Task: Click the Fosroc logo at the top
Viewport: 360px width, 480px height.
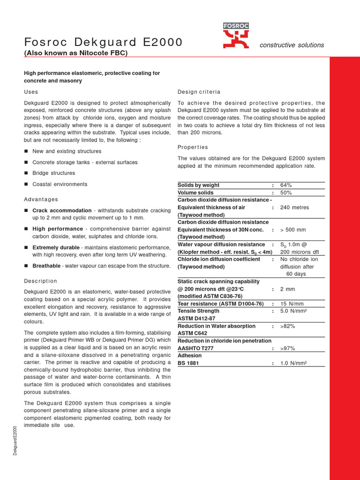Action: coord(235,37)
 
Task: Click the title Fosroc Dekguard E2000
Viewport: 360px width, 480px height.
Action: coord(103,42)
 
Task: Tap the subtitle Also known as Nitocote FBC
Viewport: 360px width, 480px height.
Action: coord(75,53)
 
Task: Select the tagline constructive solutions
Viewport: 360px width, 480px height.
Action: coord(292,45)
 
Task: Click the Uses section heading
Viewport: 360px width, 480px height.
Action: coord(31,91)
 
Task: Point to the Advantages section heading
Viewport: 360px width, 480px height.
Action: coord(41,199)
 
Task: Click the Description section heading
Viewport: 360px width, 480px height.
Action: coord(40,281)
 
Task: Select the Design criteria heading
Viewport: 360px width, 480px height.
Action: coord(199,91)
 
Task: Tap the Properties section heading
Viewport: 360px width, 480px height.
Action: coord(193,147)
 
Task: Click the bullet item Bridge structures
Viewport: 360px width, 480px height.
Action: coord(53,173)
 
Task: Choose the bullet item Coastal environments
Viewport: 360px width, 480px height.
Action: coord(60,184)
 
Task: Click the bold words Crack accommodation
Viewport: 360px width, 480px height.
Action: coord(62,210)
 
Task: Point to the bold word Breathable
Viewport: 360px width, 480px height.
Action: coord(46,266)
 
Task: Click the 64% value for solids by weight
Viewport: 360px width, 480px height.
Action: coord(286,185)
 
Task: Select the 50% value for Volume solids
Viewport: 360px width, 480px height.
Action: coord(286,193)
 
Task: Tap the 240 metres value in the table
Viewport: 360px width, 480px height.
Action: coord(294,207)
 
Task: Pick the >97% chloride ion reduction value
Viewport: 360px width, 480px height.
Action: coord(287,348)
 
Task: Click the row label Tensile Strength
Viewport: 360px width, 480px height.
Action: coord(198,311)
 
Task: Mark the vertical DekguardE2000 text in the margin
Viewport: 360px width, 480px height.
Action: coord(15,440)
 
